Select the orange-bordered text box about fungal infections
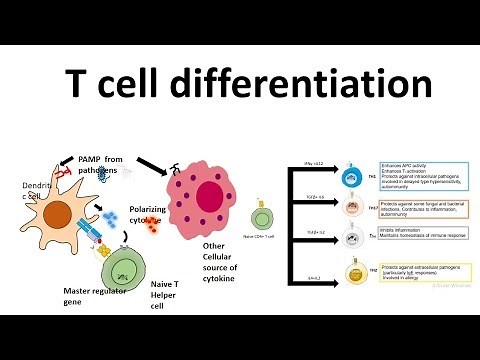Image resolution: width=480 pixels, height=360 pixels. [418, 209]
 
